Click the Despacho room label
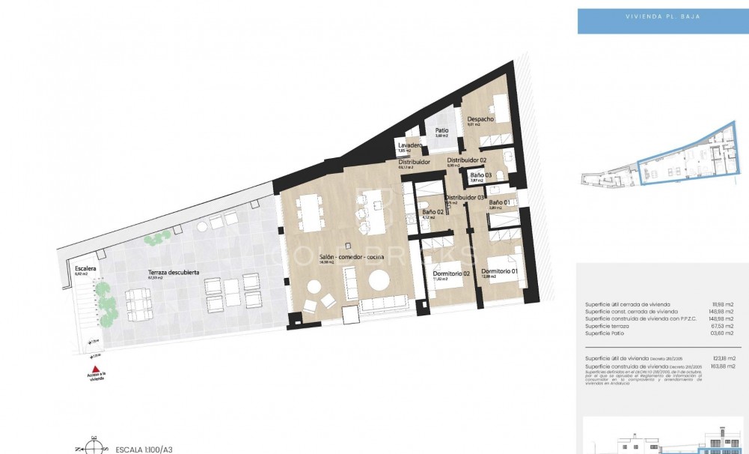(480, 119)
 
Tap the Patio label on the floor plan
(441, 130)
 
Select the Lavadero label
(410, 145)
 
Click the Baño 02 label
(432, 212)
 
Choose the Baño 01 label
(499, 202)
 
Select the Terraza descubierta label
(173, 272)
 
